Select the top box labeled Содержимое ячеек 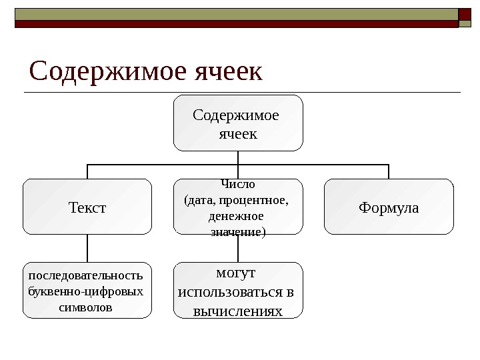coord(238,123)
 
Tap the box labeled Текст coord(87,207)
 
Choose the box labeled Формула coord(389,207)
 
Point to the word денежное coord(236,216)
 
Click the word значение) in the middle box coord(238,232)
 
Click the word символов coord(86,308)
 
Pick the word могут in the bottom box coord(237,273)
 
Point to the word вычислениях coord(238,311)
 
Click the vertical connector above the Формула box coord(389,171)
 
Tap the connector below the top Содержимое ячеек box coord(238,157)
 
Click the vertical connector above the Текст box coord(87,171)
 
